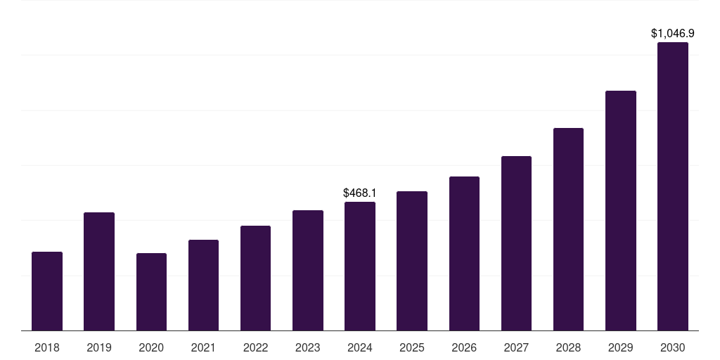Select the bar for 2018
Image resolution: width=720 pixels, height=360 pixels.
[47, 291]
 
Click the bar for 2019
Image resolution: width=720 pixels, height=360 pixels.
[99, 271]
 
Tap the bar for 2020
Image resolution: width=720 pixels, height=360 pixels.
[152, 292]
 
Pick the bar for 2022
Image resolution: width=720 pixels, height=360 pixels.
[255, 278]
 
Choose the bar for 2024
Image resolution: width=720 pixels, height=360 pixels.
[360, 266]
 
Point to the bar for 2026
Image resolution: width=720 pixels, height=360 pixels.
[464, 253]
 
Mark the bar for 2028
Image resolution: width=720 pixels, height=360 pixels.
[568, 229]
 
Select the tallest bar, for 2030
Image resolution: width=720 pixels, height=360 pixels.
[673, 186]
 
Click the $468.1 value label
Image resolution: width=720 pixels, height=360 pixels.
[360, 193]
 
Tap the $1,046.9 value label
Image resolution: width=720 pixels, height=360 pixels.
[673, 34]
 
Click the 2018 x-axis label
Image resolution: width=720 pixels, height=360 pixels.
[47, 347]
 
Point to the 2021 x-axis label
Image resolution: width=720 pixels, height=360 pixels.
[203, 347]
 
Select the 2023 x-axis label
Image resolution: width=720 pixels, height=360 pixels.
[308, 347]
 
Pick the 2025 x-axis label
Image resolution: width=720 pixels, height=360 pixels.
[412, 347]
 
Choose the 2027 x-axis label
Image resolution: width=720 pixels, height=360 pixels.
[516, 347]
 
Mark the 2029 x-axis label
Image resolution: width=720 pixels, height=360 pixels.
[621, 347]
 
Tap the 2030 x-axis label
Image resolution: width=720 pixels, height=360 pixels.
[673, 347]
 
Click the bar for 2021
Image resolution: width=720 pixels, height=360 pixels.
[203, 285]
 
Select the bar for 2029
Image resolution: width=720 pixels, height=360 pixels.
[621, 211]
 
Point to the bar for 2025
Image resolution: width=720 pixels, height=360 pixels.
[412, 261]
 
